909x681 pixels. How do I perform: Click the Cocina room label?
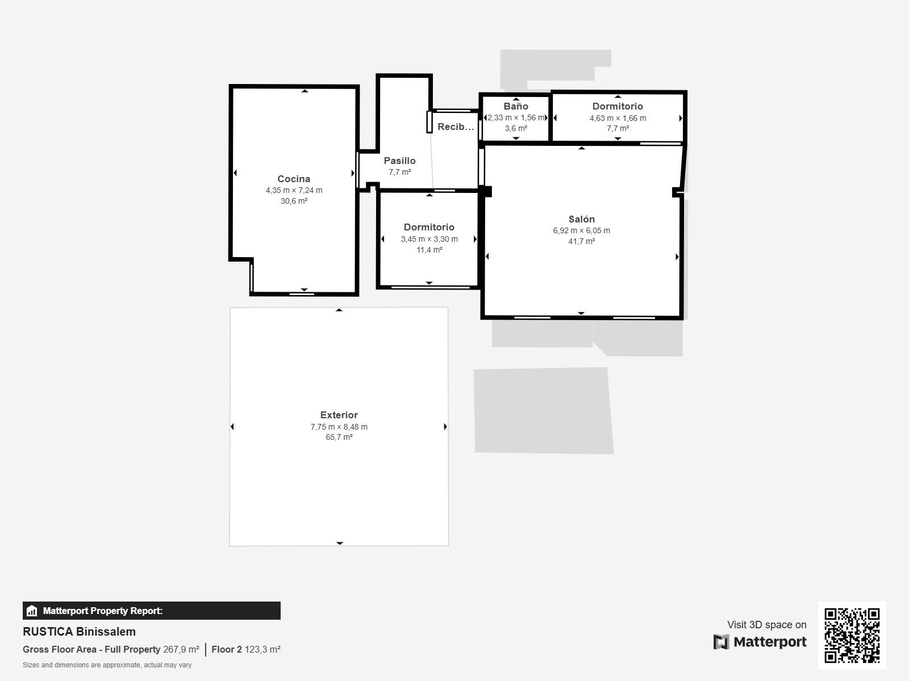[294, 179]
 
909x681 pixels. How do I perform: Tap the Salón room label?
[581, 219]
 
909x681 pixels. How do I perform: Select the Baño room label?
[516, 106]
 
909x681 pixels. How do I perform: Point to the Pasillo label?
[399, 161]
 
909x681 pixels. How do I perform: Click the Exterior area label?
[339, 415]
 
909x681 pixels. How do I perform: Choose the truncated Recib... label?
[456, 127]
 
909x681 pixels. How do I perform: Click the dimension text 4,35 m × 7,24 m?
[294, 190]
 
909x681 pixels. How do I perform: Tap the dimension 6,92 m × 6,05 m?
[581, 230]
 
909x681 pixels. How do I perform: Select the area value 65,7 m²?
[339, 437]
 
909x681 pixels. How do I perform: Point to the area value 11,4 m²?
[430, 250]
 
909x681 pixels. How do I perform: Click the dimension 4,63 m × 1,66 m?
[618, 118]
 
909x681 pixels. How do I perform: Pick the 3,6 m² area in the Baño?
[516, 128]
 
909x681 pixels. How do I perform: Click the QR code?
[852, 635]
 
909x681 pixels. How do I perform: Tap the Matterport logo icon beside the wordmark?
[721, 642]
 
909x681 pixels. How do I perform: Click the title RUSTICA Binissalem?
[79, 632]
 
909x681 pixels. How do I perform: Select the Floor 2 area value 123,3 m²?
[262, 649]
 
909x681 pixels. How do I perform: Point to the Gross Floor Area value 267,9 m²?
[181, 649]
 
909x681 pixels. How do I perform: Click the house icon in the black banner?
[32, 611]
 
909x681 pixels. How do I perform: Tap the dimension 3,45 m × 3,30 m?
[430, 239]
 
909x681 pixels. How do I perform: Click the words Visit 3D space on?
[766, 624]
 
